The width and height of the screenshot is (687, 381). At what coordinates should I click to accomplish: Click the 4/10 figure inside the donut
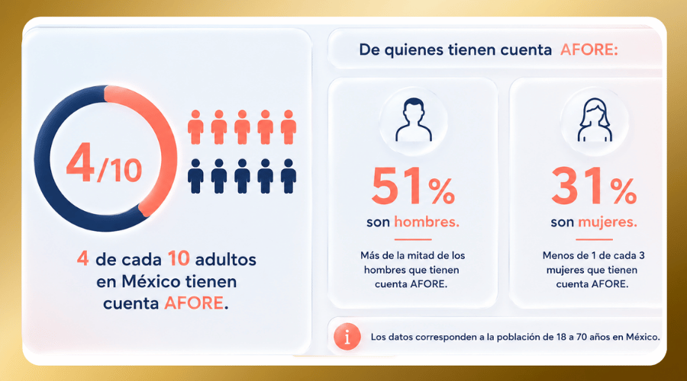[x=104, y=163]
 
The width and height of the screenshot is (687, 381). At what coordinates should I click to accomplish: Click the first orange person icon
[x=195, y=126]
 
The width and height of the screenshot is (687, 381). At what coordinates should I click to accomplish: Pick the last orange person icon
[x=289, y=126]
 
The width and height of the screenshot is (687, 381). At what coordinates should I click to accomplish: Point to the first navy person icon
[x=195, y=176]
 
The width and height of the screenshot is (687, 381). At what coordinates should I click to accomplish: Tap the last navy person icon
[x=289, y=176]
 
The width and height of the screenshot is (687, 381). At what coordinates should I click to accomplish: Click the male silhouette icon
[x=414, y=120]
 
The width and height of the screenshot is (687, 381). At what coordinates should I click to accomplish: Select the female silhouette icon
[x=595, y=120]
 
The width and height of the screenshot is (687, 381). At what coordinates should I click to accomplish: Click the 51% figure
[x=413, y=187]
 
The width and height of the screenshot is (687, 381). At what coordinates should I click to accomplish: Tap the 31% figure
[x=594, y=187]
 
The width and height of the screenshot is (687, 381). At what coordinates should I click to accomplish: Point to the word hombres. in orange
[x=427, y=223]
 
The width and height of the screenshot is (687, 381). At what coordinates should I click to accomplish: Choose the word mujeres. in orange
[x=608, y=223]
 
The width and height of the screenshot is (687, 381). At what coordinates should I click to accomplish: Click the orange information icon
[x=347, y=337]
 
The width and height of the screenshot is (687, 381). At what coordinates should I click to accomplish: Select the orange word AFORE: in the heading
[x=589, y=50]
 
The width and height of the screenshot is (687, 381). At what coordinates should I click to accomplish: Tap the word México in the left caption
[x=150, y=281]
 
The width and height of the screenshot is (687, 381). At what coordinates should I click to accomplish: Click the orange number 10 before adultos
[x=179, y=258]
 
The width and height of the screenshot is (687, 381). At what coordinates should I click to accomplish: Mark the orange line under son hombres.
[x=413, y=239]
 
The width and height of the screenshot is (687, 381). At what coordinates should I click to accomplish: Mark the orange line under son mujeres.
[x=594, y=239]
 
